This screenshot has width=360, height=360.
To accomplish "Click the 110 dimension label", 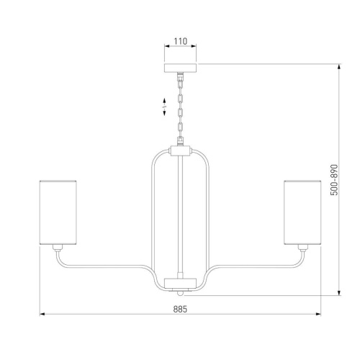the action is point(180,41).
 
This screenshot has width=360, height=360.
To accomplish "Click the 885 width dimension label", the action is point(180,309).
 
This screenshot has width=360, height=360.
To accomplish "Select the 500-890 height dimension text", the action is point(334,180).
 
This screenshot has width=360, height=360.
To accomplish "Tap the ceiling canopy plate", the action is point(180,68).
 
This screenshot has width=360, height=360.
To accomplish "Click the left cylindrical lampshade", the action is point(58,212).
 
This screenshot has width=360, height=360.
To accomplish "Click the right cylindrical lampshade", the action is point(302,212).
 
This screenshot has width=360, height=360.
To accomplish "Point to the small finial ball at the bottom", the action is point(180,293).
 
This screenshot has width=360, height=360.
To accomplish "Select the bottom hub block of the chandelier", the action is point(180,283).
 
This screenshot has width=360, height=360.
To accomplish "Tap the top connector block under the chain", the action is point(180,150).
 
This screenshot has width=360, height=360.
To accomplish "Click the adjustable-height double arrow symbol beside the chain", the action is point(164,107).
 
